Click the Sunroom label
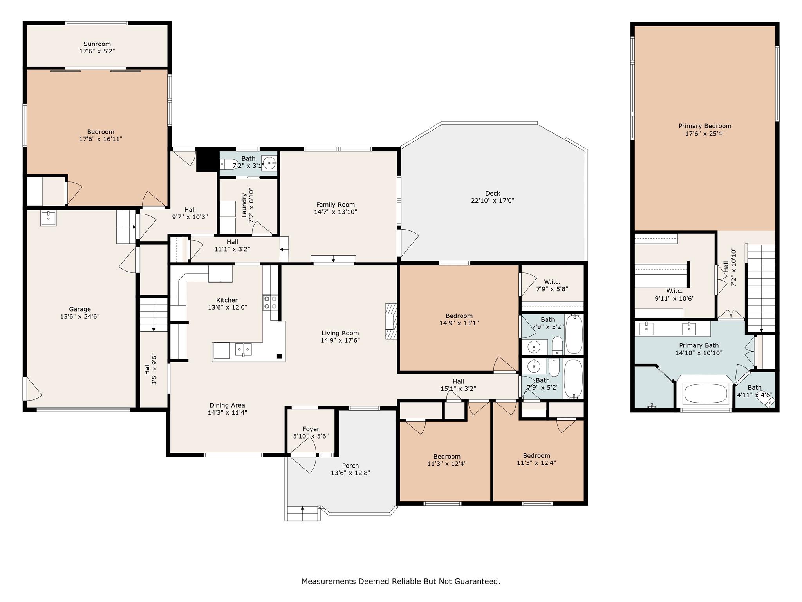pos(97,44)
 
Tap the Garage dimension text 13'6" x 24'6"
pos(80,316)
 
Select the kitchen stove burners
pos(270,302)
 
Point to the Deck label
pos(493,193)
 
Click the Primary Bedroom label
pos(705,126)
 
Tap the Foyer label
pos(311,429)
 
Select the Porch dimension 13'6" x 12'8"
pos(350,473)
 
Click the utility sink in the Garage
pos(49,218)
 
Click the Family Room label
pos(336,205)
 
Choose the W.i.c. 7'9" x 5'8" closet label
pos(552,282)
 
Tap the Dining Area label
pos(227,405)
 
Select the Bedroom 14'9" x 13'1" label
pos(459,316)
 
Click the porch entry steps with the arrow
pos(302,513)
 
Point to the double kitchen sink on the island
pos(243,349)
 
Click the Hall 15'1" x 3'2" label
pos(458,381)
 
